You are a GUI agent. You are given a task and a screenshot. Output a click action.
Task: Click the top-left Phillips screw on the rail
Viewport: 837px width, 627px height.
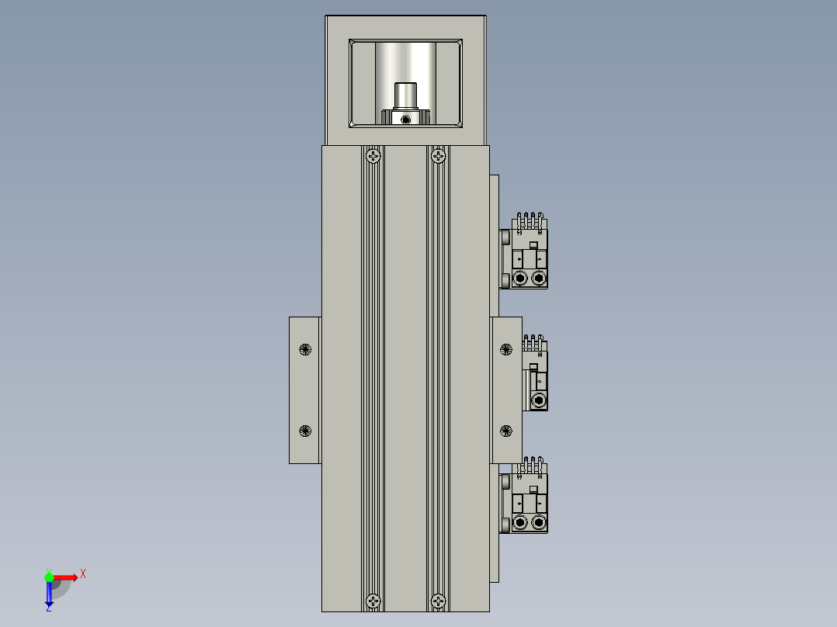pyautogui.click(x=374, y=157)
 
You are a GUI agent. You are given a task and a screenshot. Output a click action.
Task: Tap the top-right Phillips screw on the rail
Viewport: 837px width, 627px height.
pyautogui.click(x=439, y=157)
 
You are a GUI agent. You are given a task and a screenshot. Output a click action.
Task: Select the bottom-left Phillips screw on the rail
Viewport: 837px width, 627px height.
pyautogui.click(x=374, y=600)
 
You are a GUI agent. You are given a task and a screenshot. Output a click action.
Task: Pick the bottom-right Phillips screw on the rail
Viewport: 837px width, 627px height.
pyautogui.click(x=439, y=600)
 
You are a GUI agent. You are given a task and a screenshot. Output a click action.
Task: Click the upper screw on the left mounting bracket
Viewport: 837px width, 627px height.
pyautogui.click(x=304, y=349)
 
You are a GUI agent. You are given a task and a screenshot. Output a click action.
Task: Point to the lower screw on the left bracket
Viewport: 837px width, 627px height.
pyautogui.click(x=304, y=431)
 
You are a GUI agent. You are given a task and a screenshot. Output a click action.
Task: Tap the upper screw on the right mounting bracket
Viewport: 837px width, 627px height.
pyautogui.click(x=506, y=349)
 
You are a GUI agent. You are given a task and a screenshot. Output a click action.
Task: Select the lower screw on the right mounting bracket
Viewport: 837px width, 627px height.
pyautogui.click(x=506, y=431)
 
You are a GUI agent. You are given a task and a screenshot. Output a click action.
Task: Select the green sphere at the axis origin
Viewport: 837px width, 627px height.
pyautogui.click(x=49, y=577)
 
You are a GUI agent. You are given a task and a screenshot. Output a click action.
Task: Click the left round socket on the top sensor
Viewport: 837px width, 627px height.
pyautogui.click(x=519, y=278)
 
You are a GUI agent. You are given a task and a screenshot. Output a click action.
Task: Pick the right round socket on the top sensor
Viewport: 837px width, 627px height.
pyautogui.click(x=538, y=278)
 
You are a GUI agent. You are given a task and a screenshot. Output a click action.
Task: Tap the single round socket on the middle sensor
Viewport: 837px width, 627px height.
pyautogui.click(x=538, y=400)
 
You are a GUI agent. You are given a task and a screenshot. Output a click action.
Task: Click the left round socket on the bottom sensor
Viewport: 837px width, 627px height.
pyautogui.click(x=519, y=525)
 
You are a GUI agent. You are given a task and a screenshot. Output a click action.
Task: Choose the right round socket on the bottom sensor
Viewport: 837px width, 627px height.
pyautogui.click(x=538, y=525)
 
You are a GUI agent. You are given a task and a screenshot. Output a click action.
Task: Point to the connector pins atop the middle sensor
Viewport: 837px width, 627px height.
pyautogui.click(x=533, y=343)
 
